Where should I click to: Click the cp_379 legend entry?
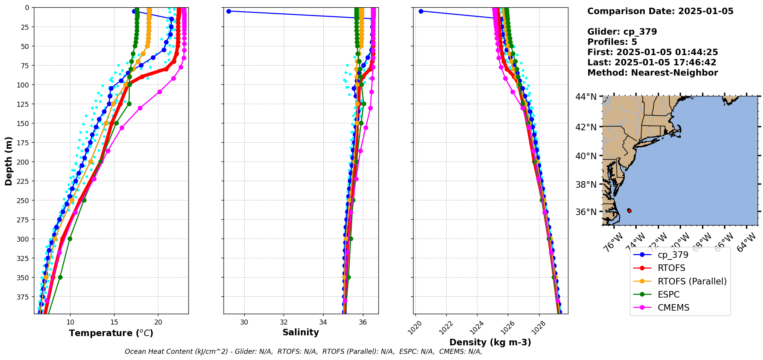pos(673,255)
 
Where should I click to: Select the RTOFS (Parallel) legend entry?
pos(692,281)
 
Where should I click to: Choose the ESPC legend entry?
pos(669,294)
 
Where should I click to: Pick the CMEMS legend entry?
pos(673,308)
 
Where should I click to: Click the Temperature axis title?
pos(111,333)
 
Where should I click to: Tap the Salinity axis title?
pos(301,332)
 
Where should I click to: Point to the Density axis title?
pos(490,342)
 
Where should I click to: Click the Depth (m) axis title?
pos(8,161)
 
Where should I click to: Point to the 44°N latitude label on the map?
pos(586,97)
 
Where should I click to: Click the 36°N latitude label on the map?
pos(586,212)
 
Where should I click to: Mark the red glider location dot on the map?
pos(629,210)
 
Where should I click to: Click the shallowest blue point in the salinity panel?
pos(229,11)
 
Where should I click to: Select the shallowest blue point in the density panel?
pos(421,11)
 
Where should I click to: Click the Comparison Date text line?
pos(660,11)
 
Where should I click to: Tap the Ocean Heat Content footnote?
pos(303,352)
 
